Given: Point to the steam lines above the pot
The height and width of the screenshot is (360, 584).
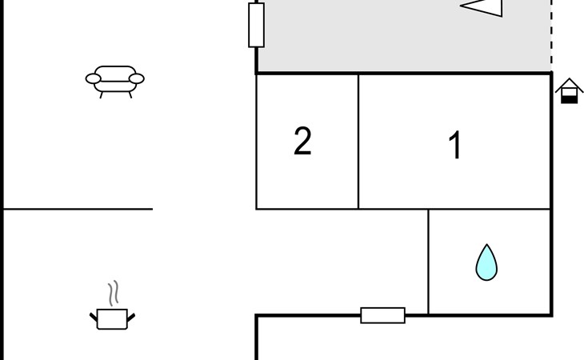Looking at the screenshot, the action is [x=114, y=293].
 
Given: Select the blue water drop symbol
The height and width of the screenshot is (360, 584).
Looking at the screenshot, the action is [x=486, y=262].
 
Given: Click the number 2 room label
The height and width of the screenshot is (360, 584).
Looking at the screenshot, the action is [x=302, y=141].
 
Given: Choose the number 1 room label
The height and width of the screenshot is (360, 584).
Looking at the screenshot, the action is [x=455, y=145].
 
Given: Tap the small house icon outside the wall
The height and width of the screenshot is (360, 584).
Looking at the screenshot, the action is [x=569, y=91].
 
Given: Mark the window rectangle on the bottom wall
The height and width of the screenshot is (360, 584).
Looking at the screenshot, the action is [x=383, y=315].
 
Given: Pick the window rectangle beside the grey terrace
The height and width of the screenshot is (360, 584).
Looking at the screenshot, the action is [x=256, y=25].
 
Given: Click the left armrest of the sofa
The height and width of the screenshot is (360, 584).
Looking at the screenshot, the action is [x=93, y=78].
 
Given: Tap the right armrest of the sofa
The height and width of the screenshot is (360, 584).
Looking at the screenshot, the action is [x=137, y=78].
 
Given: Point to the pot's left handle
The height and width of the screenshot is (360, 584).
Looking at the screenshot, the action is [x=94, y=318].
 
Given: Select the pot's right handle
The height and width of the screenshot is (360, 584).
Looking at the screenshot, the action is [x=131, y=318].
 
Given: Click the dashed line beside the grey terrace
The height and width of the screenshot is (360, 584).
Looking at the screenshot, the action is [x=551, y=36].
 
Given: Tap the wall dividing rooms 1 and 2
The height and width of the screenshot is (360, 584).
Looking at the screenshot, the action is [x=358, y=142].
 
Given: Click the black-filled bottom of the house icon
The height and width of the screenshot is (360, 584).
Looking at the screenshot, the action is [x=569, y=99].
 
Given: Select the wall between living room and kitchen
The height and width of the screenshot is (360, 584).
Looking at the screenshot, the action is [x=78, y=210].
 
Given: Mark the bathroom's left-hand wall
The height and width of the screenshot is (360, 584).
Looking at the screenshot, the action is [x=428, y=262].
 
